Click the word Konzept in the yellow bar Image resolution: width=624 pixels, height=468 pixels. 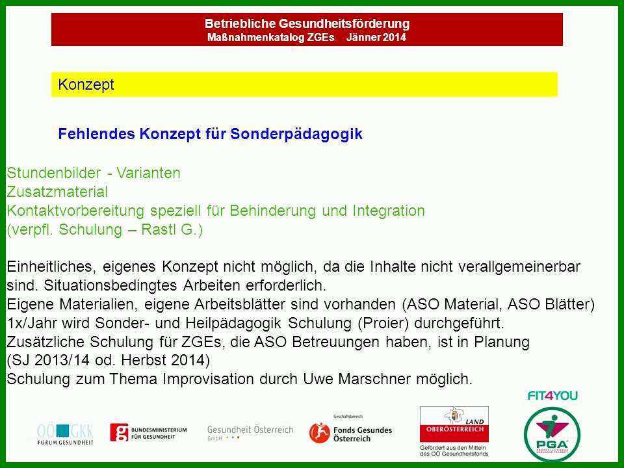(x=86, y=84)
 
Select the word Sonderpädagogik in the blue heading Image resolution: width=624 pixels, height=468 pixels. (x=296, y=134)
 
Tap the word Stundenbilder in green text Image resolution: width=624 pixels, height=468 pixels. (x=54, y=173)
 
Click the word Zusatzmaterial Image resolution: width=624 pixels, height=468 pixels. (x=57, y=192)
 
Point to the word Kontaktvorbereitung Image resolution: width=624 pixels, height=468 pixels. (x=75, y=211)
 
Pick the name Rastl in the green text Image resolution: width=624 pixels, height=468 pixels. (x=153, y=229)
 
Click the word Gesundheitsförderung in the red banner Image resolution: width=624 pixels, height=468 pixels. (x=344, y=23)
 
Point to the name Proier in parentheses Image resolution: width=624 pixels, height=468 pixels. (x=383, y=323)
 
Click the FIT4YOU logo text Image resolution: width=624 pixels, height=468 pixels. (x=552, y=396)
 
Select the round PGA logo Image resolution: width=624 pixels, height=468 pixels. (x=552, y=434)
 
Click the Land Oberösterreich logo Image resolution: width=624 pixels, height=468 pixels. (x=454, y=424)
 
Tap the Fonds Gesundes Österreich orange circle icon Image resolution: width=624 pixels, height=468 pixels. (x=320, y=433)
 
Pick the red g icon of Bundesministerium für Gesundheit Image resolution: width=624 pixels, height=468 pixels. (x=120, y=433)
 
